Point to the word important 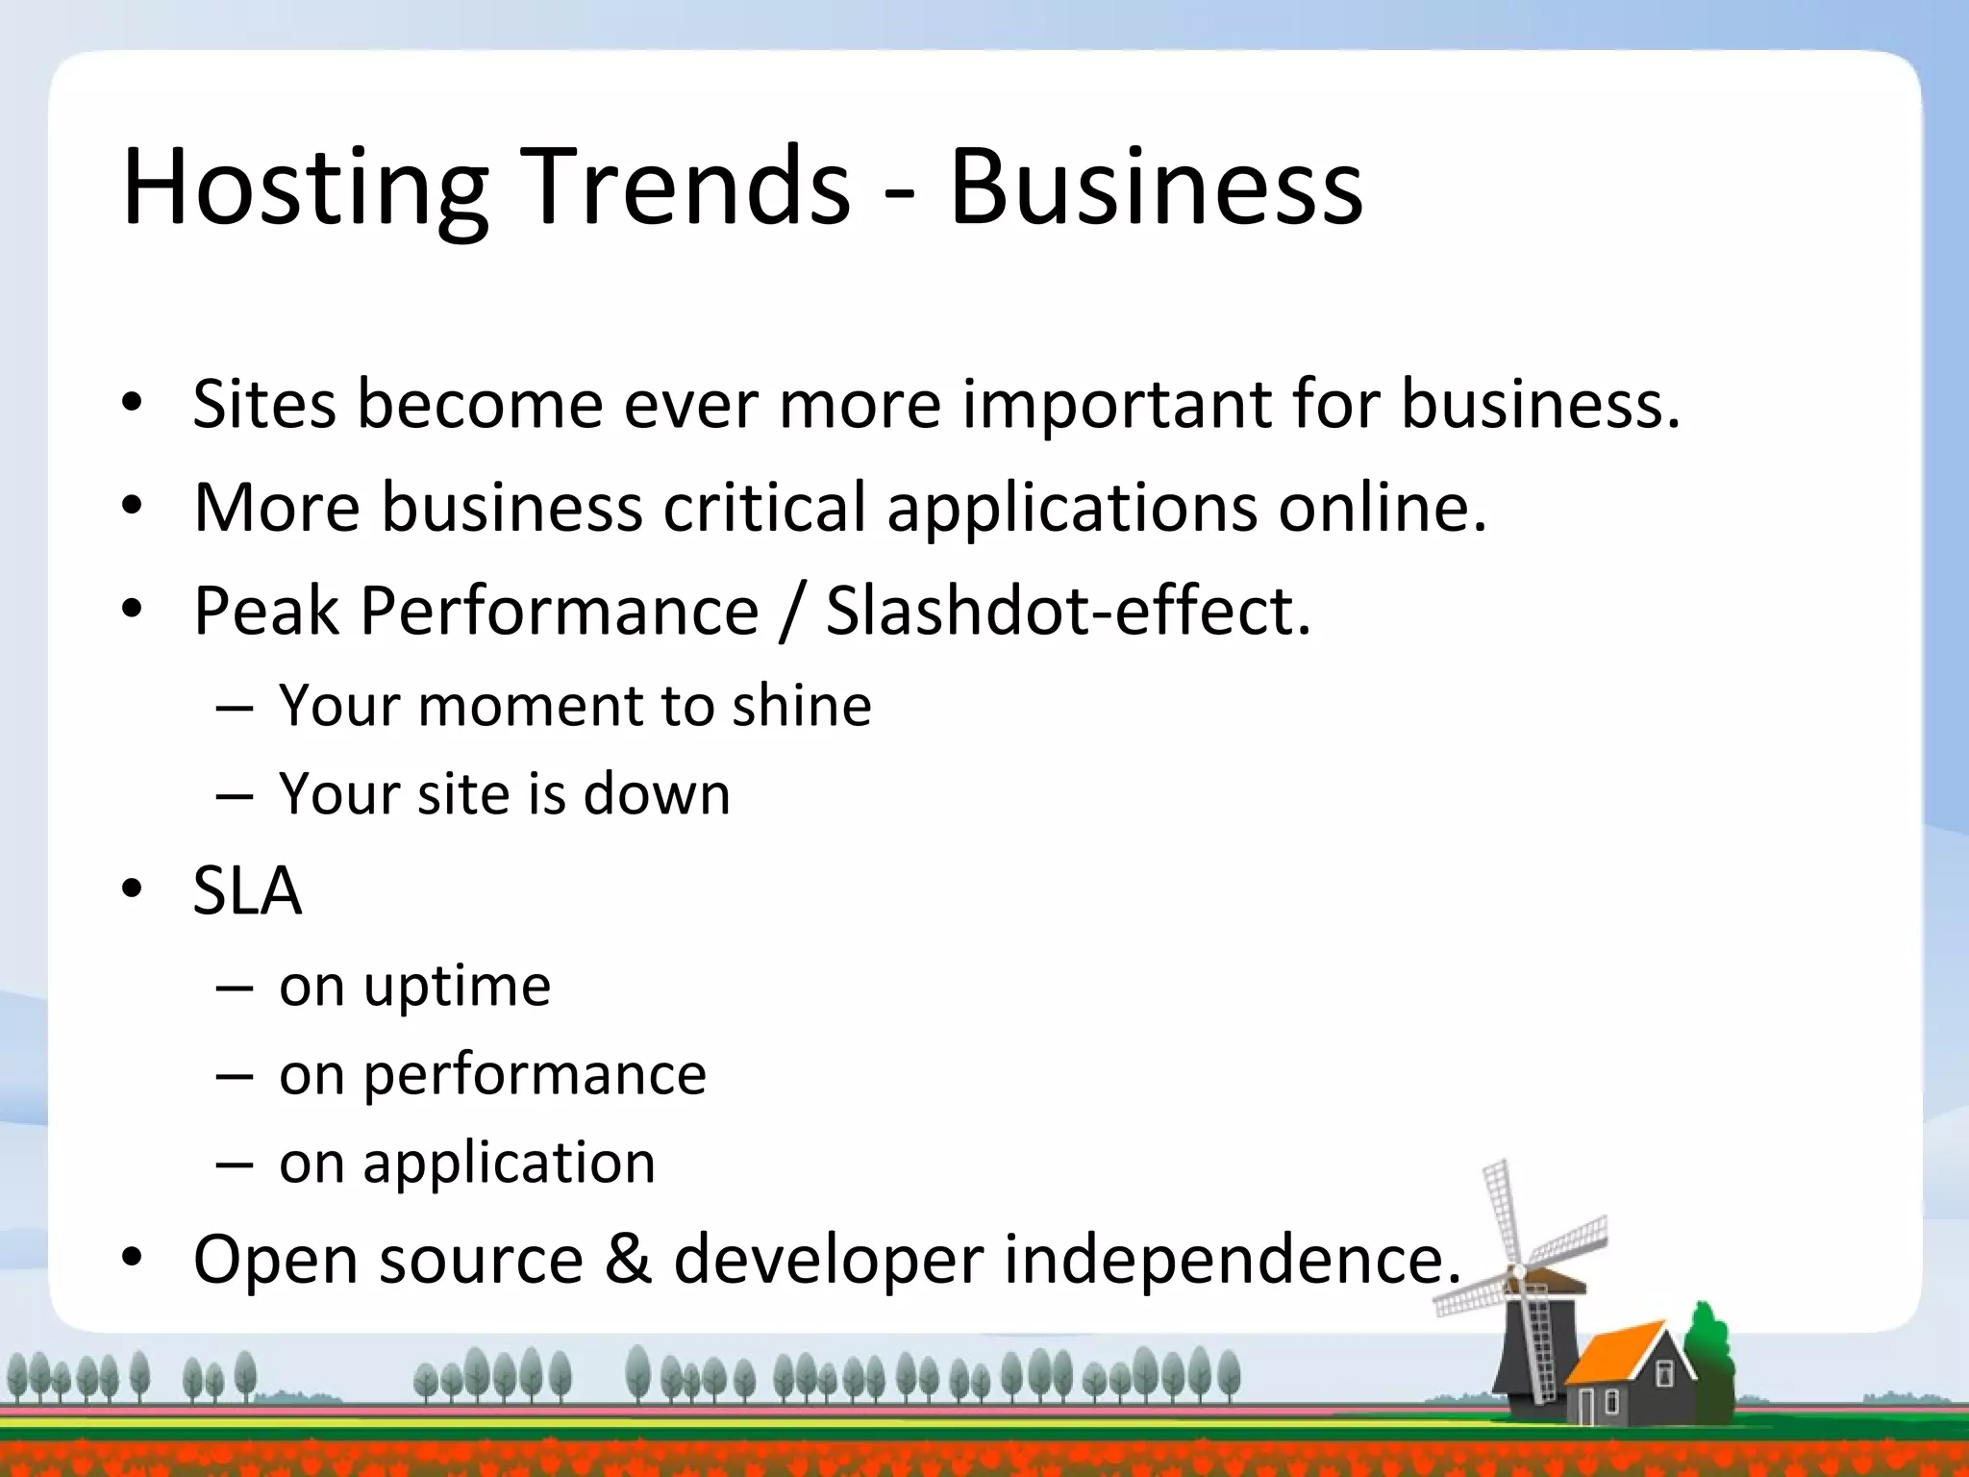coord(1116,404)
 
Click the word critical coord(764,508)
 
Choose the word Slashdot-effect coord(1068,611)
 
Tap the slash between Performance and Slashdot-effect coord(791,613)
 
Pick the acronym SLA coord(247,891)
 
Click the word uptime coord(457,988)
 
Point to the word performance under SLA coord(535,1076)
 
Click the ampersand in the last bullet coord(627,1260)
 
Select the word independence coord(1232,1260)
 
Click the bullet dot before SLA coord(132,890)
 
